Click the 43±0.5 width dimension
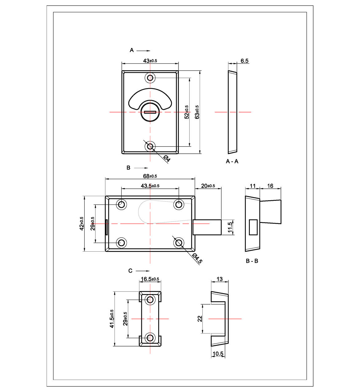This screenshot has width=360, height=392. tap(150, 61)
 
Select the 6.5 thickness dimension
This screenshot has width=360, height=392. tap(244, 61)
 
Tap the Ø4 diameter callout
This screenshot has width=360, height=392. tap(166, 159)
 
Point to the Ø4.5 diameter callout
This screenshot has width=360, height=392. tap(197, 258)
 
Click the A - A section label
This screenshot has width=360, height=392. tap(232, 161)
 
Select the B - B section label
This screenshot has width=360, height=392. tap(252, 261)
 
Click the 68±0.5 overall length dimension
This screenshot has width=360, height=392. tap(150, 176)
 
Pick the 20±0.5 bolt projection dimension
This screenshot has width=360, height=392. tap(208, 186)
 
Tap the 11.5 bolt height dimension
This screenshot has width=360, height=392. tap(230, 227)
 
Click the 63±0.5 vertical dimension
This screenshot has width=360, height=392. tap(197, 112)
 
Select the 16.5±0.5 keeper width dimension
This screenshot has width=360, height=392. tap(150, 279)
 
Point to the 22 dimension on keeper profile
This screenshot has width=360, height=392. tap(200, 319)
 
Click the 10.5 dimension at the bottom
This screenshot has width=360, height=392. tap(218, 354)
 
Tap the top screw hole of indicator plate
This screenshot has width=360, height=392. tap(150, 78)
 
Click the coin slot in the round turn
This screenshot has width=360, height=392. tap(150, 112)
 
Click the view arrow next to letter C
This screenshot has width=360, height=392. tap(142, 271)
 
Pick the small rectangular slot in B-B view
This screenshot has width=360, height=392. tap(253, 227)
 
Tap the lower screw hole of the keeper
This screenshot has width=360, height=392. tap(150, 338)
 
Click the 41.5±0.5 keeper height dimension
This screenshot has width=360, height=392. tap(112, 319)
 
